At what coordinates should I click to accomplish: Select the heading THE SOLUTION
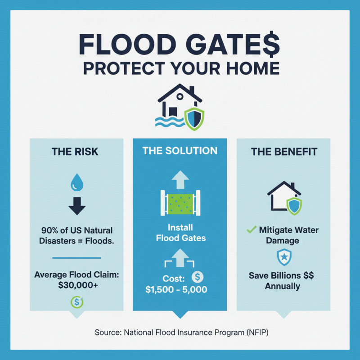coord(180,150)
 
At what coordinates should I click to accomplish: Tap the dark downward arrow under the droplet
coord(76,206)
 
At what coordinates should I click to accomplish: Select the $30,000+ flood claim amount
coord(76,285)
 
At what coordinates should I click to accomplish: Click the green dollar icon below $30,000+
coord(76,302)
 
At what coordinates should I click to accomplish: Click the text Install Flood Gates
coord(180,232)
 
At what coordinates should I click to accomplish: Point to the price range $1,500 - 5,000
coord(176,290)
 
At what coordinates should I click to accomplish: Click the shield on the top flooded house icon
coord(195,118)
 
